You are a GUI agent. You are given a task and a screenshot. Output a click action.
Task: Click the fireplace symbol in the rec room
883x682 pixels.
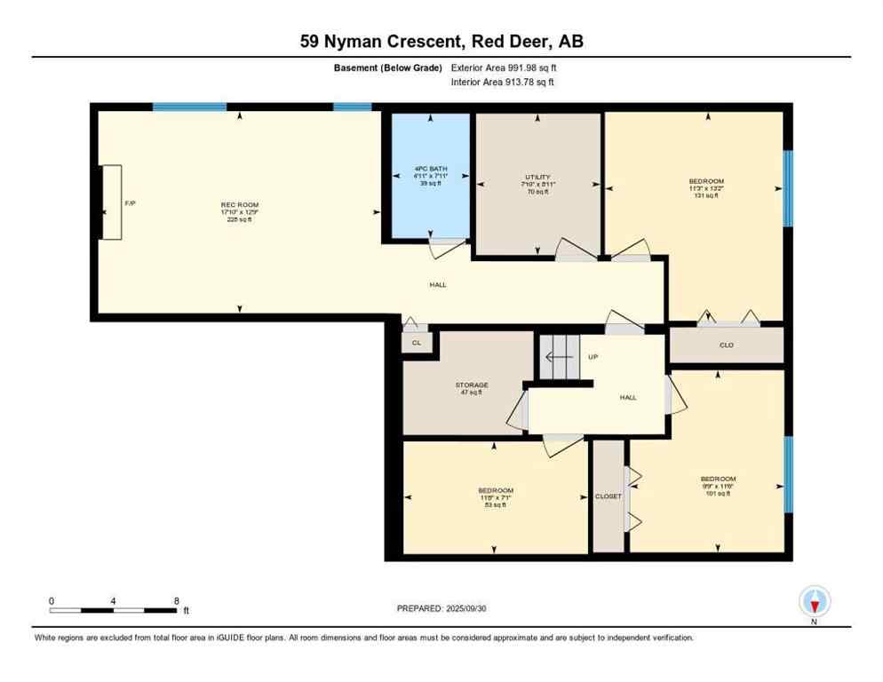click(x=112, y=202)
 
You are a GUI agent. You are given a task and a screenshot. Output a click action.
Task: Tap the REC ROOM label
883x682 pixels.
click(x=239, y=205)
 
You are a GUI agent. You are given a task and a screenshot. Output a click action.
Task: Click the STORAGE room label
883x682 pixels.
click(x=472, y=385)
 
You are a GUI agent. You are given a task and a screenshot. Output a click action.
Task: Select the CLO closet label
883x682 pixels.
click(x=726, y=345)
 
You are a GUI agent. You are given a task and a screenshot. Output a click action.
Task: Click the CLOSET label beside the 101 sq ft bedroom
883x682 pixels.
click(x=609, y=496)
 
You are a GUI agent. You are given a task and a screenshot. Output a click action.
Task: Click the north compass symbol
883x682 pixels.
click(x=814, y=601)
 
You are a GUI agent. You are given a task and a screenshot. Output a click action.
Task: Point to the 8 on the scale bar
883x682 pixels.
click(x=176, y=600)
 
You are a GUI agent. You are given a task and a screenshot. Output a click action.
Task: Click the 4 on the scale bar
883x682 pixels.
click(x=114, y=600)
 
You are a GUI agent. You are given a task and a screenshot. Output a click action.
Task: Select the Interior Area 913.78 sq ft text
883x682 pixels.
click(x=503, y=83)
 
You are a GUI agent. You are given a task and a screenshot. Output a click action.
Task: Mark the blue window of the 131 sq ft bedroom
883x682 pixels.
click(x=787, y=187)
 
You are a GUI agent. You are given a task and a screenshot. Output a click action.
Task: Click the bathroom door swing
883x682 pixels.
click(x=443, y=248)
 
